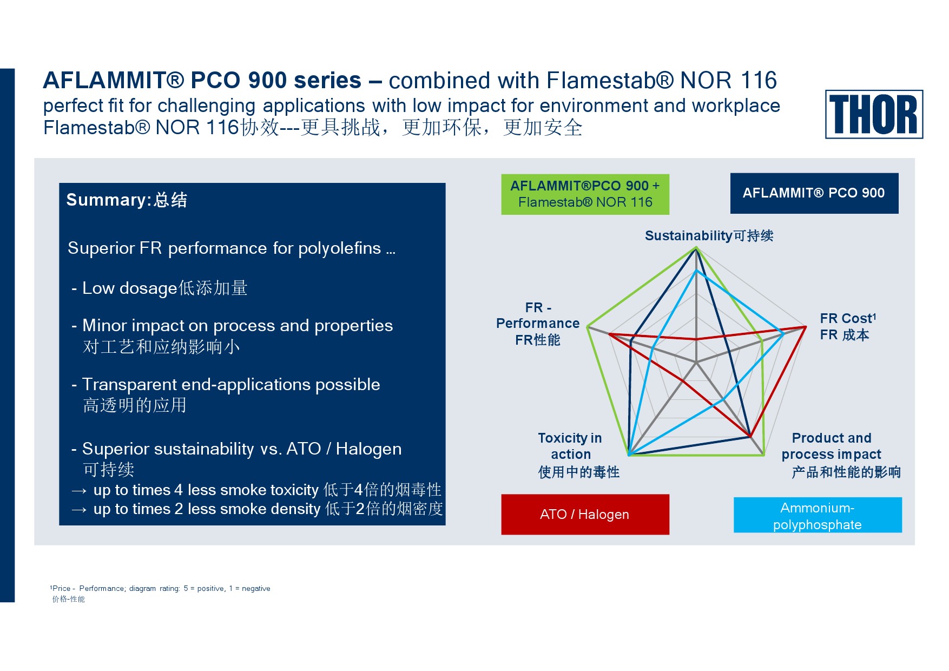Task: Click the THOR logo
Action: point(874,114)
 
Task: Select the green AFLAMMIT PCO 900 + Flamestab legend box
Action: point(585,194)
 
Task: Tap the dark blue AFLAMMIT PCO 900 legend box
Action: point(814,193)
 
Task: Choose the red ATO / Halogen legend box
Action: point(585,514)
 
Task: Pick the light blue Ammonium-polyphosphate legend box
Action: point(818,515)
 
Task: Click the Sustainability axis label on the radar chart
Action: point(709,235)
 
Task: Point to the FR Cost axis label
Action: point(848,326)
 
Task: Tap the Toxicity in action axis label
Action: point(578,455)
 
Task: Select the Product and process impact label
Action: point(841,455)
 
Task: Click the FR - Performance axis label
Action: point(538,324)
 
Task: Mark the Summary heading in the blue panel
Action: point(127,200)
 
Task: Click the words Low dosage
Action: point(130,288)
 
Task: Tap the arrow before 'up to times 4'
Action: point(79,491)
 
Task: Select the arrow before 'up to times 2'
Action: point(79,510)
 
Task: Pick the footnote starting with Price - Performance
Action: point(160,588)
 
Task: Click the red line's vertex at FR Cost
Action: point(806,326)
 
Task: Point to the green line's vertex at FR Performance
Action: point(588,326)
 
